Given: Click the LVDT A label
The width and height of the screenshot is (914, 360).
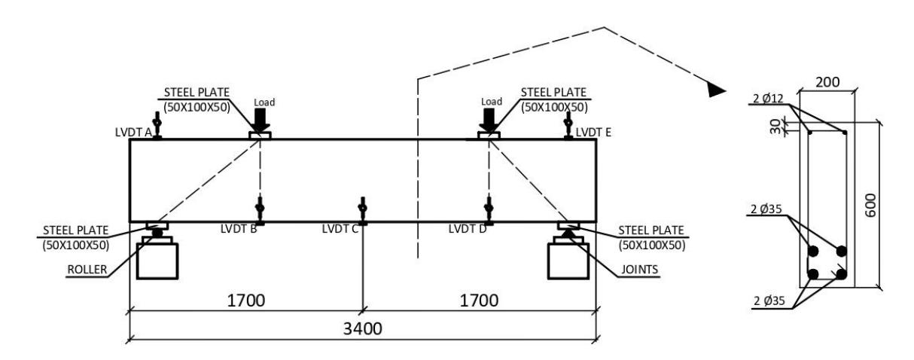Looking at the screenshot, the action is click(x=133, y=133).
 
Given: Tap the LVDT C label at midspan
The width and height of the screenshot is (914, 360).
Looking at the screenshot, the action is click(x=340, y=229).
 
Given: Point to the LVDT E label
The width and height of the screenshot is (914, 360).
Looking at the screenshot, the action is click(x=593, y=133).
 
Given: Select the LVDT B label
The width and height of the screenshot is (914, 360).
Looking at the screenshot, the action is click(x=239, y=229).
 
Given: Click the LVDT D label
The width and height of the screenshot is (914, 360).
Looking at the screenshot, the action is click(x=468, y=229).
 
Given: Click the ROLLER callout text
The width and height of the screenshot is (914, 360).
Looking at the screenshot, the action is click(x=87, y=270).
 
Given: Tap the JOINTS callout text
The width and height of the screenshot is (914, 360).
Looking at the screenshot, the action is click(x=639, y=270).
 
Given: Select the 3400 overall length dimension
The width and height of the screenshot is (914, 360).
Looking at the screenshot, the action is click(x=363, y=328).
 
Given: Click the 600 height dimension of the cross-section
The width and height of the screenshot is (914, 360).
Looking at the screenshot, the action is click(x=870, y=206).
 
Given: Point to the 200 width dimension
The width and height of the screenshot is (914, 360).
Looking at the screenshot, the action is click(x=827, y=82).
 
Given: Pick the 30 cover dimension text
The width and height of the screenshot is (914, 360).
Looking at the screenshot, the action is click(x=775, y=127).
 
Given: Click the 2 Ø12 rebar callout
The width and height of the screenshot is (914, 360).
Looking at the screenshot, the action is click(x=768, y=99).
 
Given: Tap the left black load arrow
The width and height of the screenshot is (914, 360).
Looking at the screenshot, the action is click(x=260, y=121).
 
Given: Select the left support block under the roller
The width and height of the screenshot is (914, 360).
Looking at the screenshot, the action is click(x=157, y=261).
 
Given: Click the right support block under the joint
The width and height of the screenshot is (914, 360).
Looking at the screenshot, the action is click(x=568, y=261).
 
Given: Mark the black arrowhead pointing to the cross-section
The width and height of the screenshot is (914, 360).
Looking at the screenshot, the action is click(x=717, y=90).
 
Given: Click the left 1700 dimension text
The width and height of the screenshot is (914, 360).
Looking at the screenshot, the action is click(x=246, y=301).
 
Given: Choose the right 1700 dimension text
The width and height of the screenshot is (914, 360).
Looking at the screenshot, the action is click(x=479, y=301).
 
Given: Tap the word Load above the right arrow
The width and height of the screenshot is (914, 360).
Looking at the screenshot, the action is click(x=492, y=102).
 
